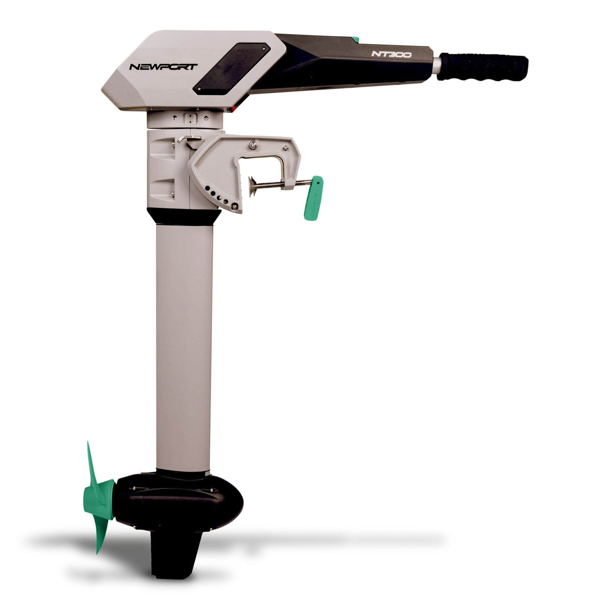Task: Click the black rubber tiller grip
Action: click(482, 66)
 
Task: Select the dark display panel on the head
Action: click(232, 68)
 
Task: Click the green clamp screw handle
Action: click(313, 198)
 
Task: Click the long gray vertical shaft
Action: click(183, 347)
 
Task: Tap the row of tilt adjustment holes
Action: click(217, 196)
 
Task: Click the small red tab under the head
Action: click(233, 109)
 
